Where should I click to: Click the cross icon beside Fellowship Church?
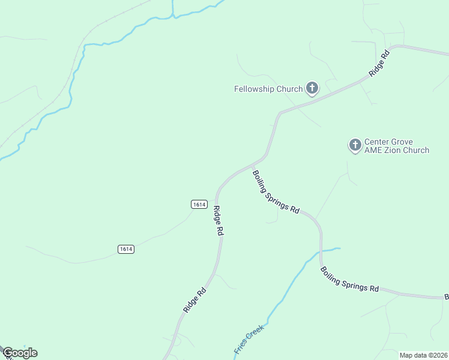(312, 89)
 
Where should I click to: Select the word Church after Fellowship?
(290, 89)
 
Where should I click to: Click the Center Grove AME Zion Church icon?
(355, 145)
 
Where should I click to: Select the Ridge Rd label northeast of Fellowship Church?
(379, 62)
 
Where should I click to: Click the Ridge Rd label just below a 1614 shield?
(218, 221)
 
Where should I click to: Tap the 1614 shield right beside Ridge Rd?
(200, 205)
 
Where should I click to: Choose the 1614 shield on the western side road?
(126, 249)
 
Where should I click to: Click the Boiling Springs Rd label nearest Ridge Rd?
(276, 193)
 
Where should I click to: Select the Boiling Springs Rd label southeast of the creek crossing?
(349, 280)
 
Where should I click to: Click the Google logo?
(20, 353)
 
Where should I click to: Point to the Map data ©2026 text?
(423, 355)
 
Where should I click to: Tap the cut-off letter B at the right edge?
(446, 297)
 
